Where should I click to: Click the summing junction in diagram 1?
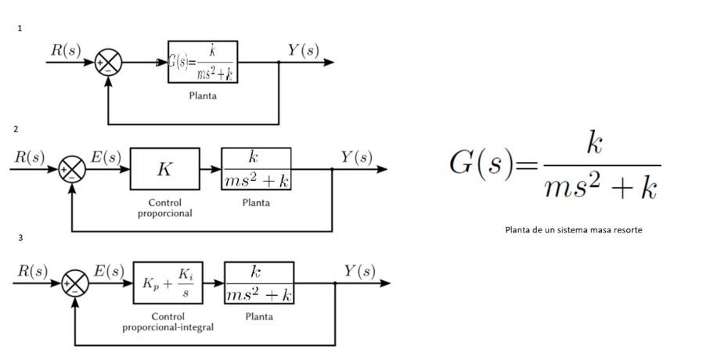[x=108, y=63]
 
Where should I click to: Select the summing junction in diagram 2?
[x=72, y=169]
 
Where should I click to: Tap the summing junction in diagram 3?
[x=75, y=283]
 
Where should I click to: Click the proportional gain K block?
[x=164, y=169]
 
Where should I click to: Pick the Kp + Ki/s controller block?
[x=168, y=283]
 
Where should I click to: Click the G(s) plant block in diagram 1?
[x=203, y=63]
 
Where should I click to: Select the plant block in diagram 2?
[x=257, y=169]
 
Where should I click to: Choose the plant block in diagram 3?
[x=259, y=283]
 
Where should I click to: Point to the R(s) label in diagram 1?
[x=66, y=50]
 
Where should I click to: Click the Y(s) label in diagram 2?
[x=356, y=157]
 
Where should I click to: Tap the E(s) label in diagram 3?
[x=109, y=271]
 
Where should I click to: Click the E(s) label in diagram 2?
[x=106, y=157]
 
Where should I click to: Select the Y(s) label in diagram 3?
[x=359, y=271]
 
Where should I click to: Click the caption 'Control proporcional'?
[x=165, y=208]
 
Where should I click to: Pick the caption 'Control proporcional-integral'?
[x=168, y=322]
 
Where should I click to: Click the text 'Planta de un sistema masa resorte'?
[x=574, y=230]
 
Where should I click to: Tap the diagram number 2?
[x=16, y=129]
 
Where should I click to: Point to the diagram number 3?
[x=20, y=238]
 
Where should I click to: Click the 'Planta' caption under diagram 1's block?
[x=203, y=96]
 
